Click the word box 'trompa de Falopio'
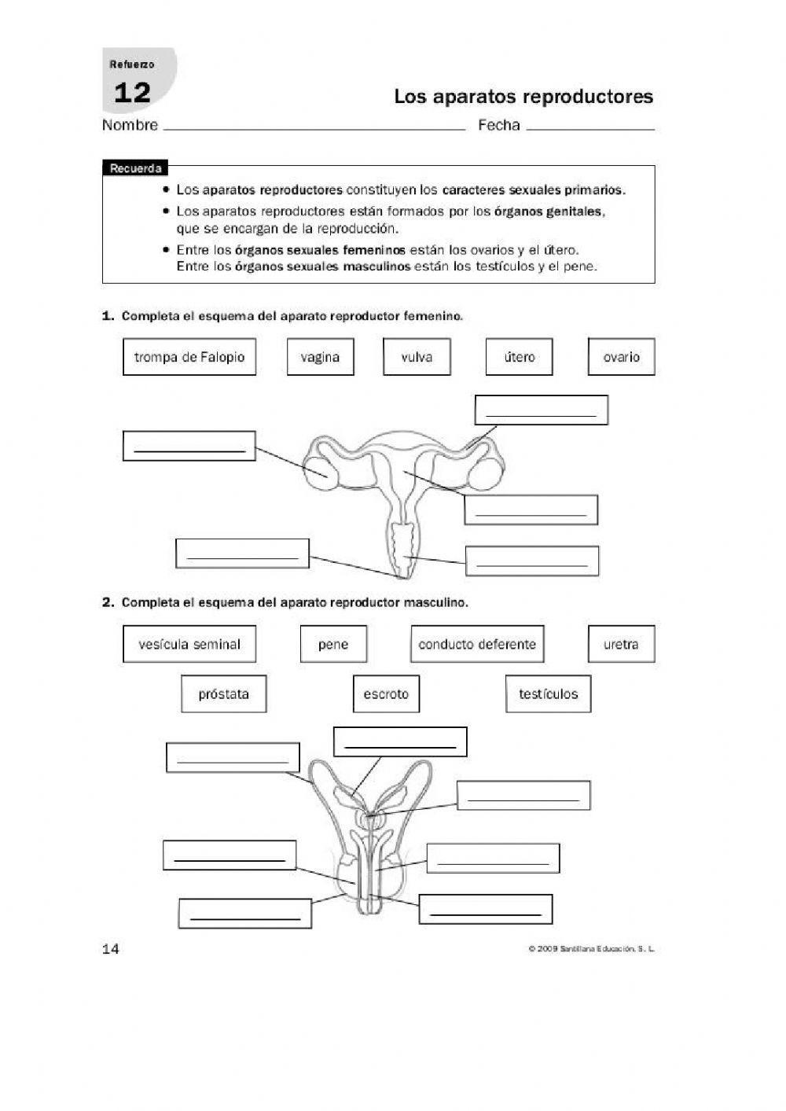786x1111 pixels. point(189,357)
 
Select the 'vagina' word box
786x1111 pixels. point(320,357)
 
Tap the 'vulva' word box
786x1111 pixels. point(417,357)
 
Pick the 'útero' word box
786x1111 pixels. point(519,357)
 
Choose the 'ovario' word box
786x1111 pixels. point(621,357)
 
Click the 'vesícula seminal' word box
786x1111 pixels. point(189,645)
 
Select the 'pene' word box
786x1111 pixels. point(333,645)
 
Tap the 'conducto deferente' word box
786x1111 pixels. point(477,645)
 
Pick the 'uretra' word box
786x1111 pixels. point(621,645)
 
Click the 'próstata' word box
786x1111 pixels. point(223,694)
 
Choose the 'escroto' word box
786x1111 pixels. point(386,694)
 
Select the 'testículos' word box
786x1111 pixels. point(548,694)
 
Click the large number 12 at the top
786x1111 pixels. point(132,94)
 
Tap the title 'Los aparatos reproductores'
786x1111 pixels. point(523,97)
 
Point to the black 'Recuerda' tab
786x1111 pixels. point(135,168)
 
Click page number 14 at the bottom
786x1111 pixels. point(111,949)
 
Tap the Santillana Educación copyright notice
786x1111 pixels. point(592,949)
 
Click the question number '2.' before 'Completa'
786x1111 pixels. point(109,603)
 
